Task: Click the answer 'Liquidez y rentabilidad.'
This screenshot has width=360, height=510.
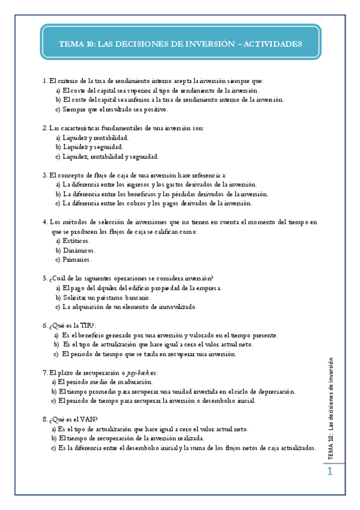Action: [96, 137]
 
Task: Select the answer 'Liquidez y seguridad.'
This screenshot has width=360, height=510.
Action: [93, 147]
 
